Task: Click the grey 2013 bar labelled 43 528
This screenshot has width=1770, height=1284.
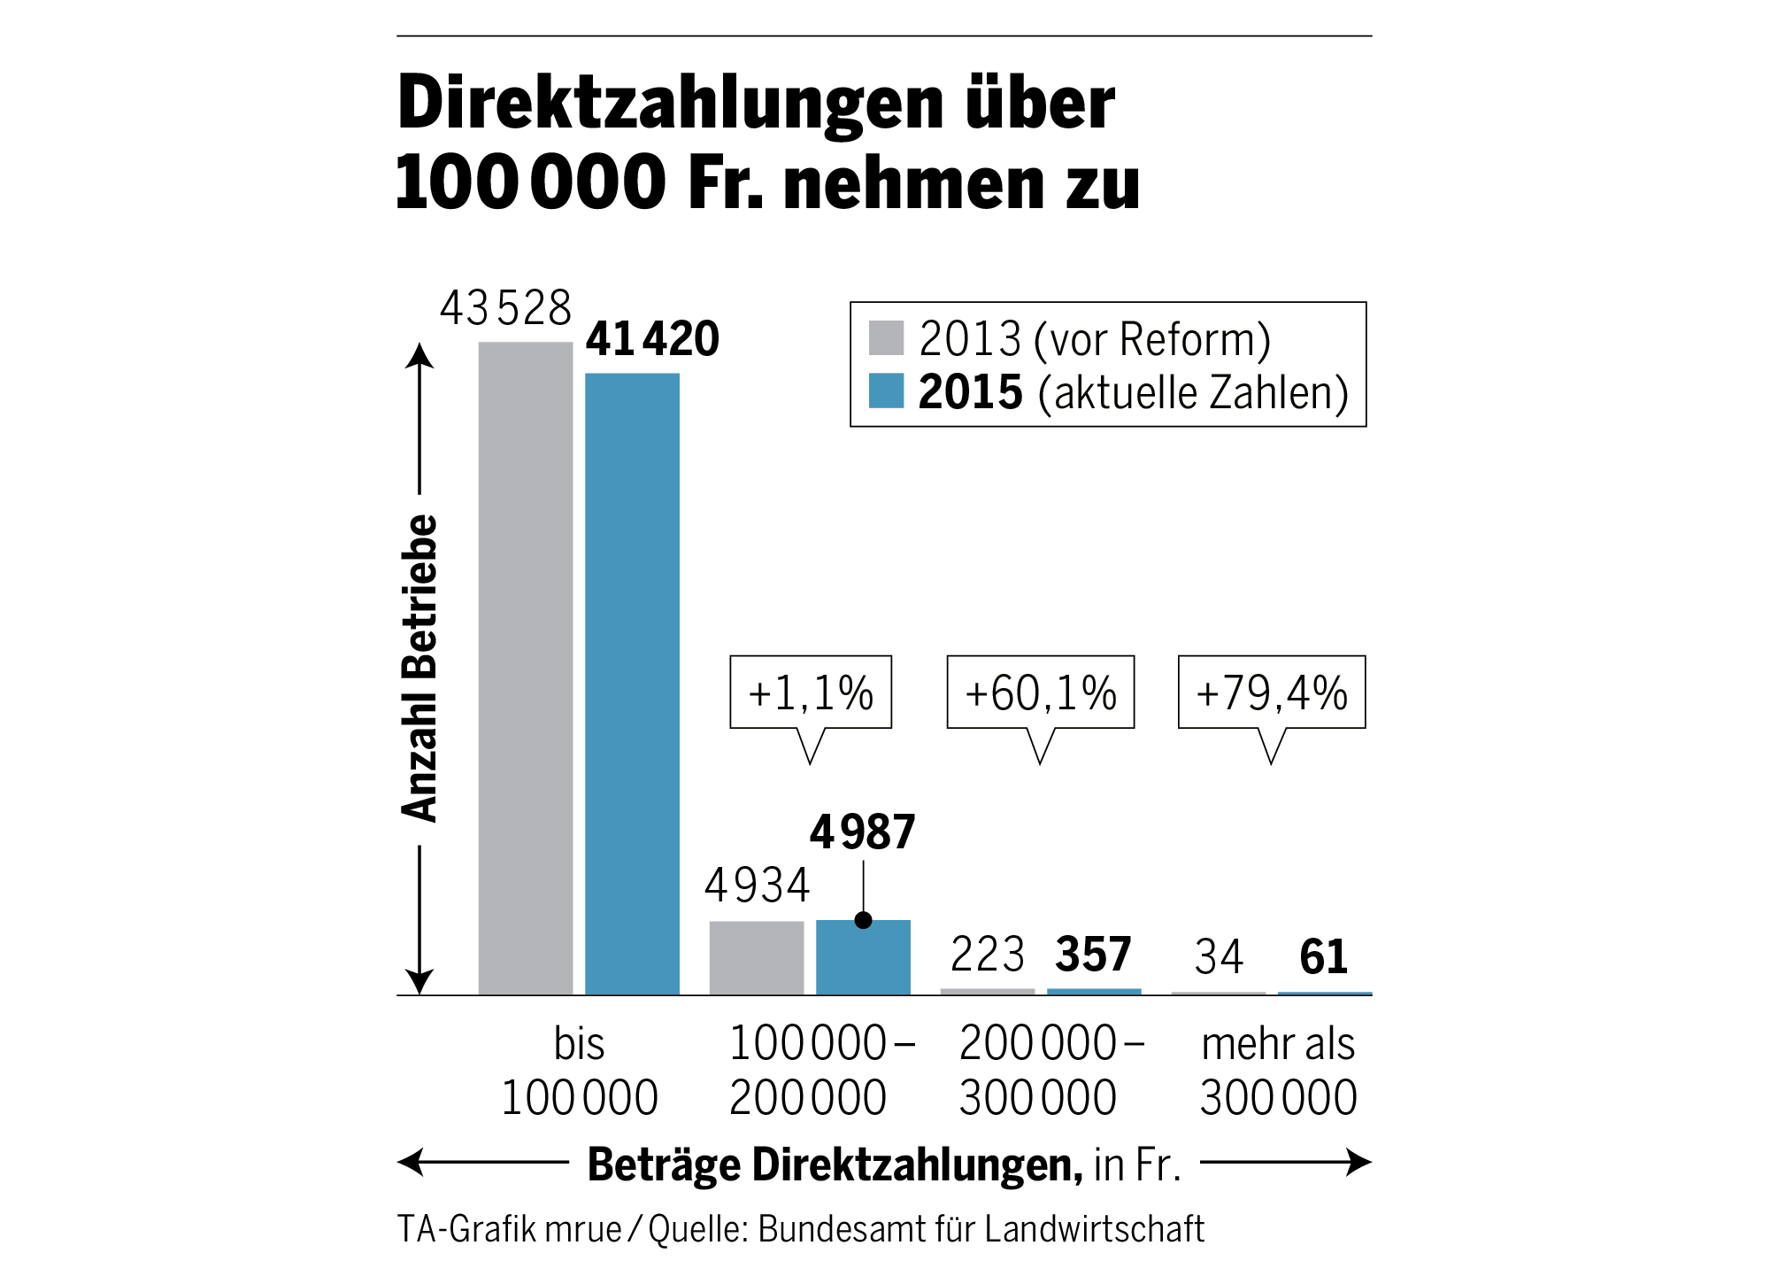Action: pyautogui.click(x=526, y=669)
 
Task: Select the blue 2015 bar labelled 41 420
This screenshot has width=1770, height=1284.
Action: pyautogui.click(x=632, y=684)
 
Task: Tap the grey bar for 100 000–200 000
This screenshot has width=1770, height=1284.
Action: pyautogui.click(x=757, y=958)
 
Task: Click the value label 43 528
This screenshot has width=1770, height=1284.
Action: pyautogui.click(x=505, y=309)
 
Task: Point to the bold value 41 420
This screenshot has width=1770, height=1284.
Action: pyautogui.click(x=652, y=339)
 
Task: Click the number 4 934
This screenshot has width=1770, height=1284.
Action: pyautogui.click(x=757, y=886)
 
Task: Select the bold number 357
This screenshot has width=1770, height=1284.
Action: pyautogui.click(x=1093, y=955)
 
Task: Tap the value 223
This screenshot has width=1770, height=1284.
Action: pyautogui.click(x=987, y=955)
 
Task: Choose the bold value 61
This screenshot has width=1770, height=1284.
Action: pyautogui.click(x=1323, y=957)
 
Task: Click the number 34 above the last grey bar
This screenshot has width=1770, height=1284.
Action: pyautogui.click(x=1219, y=957)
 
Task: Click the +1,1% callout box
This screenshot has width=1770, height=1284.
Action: pyautogui.click(x=811, y=692)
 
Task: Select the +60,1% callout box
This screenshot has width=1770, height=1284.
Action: pyautogui.click(x=1041, y=692)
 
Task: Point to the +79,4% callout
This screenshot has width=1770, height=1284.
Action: pyautogui.click(x=1272, y=692)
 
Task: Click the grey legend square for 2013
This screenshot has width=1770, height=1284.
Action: pyautogui.click(x=886, y=337)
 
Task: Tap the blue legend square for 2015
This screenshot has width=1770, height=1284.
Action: pyautogui.click(x=886, y=391)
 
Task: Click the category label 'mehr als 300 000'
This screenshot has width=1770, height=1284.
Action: pyautogui.click(x=1278, y=1071)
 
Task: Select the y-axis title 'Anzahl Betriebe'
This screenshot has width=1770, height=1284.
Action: pyautogui.click(x=420, y=669)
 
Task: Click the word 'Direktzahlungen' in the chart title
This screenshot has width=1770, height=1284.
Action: pyautogui.click(x=671, y=103)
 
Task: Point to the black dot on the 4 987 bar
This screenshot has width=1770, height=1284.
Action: pyautogui.click(x=864, y=920)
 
